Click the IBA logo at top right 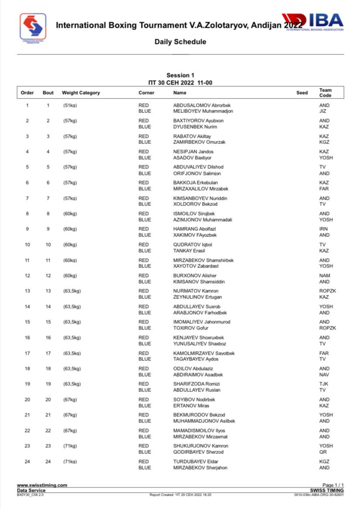[315, 22]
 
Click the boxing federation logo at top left [33, 27]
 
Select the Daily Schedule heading [180, 42]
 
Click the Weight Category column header [81, 93]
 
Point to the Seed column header [302, 93]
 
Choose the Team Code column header [325, 93]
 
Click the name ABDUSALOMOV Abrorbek [202, 105]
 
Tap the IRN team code [323, 229]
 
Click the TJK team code [323, 384]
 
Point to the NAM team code [325, 275]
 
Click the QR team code [323, 452]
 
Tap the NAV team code [324, 375]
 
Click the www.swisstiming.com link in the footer [42, 485]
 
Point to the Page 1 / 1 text [333, 485]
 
